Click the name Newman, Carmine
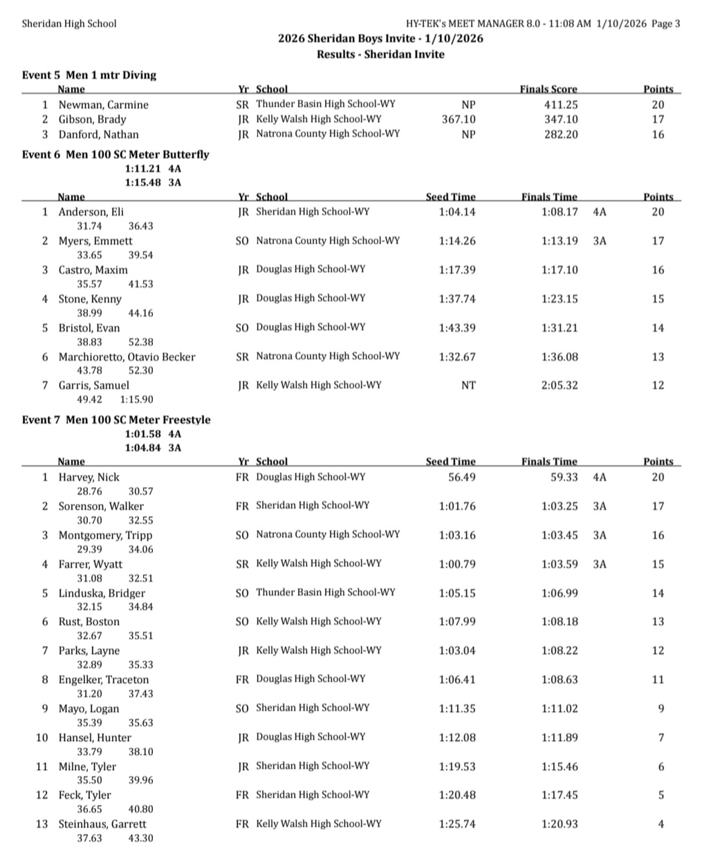(103, 105)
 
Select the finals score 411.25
(560, 105)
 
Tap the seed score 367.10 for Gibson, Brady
(458, 120)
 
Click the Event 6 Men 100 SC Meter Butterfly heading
(115, 155)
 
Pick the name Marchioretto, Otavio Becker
(127, 357)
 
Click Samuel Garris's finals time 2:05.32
(559, 386)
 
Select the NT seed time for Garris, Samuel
(468, 386)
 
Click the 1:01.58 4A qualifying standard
(153, 434)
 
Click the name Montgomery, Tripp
(105, 536)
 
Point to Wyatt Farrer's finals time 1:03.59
(559, 565)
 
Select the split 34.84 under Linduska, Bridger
(140, 607)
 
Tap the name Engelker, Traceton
(103, 680)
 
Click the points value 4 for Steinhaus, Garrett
(661, 825)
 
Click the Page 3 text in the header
(666, 23)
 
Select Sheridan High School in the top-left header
(69, 23)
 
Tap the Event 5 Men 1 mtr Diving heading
(89, 75)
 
